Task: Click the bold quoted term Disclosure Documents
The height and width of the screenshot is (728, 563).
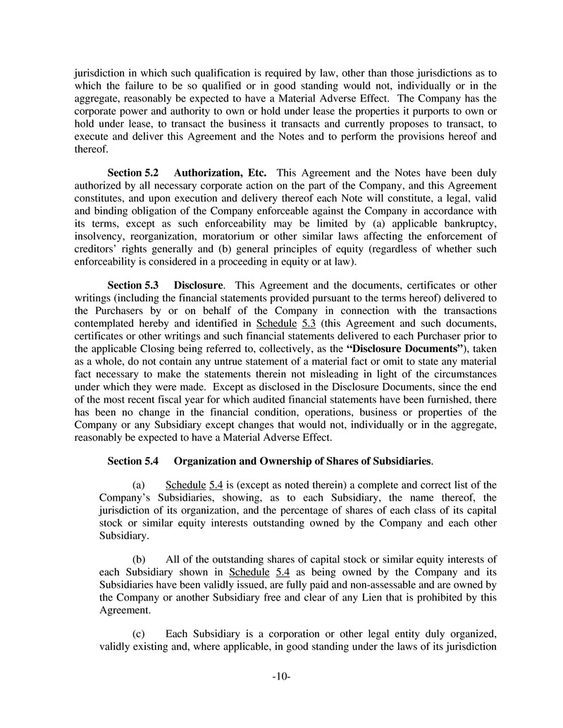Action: tap(405, 349)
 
